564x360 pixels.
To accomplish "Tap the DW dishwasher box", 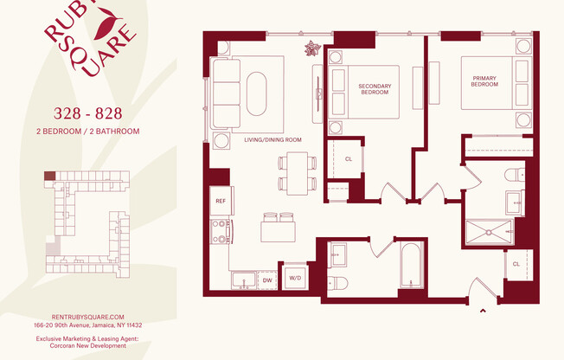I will [267, 280].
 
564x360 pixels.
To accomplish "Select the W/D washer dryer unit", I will [295, 279].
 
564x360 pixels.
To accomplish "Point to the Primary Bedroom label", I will [484, 80].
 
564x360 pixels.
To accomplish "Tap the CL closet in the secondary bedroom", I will [349, 159].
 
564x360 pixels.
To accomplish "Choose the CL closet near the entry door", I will [516, 263].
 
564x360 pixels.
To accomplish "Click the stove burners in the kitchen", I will [220, 230].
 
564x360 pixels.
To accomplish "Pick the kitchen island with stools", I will [279, 230].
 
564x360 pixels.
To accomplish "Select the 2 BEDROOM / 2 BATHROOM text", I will [87, 132].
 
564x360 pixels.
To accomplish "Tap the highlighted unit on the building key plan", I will [50, 176].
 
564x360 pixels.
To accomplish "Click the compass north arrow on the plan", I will [311, 48].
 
